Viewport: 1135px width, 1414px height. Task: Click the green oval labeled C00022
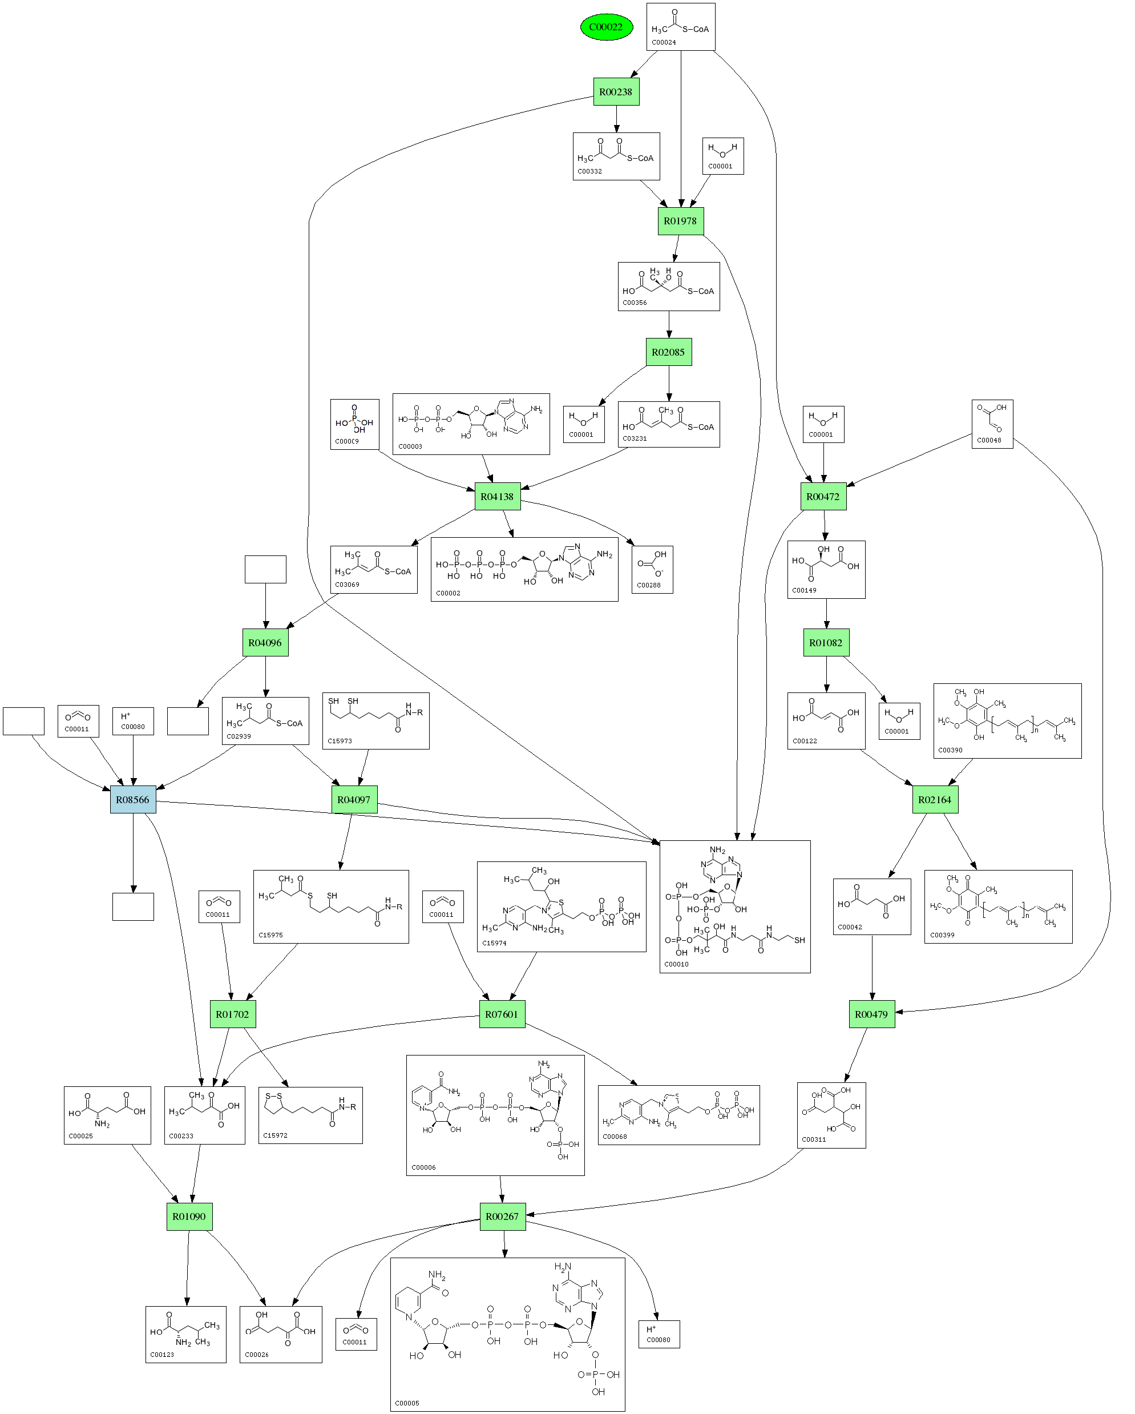pos(606,27)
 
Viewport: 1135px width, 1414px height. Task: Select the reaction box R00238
pos(615,92)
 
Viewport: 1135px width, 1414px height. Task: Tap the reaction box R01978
pos(680,221)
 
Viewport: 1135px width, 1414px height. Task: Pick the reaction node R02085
pos(668,352)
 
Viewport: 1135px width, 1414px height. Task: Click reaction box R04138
pos(497,497)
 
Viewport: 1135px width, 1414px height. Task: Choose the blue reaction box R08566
pos(133,799)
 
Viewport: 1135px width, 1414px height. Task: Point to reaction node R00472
pos(823,497)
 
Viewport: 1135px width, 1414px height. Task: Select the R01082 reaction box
pos(826,643)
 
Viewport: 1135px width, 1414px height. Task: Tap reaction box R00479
pos(871,1014)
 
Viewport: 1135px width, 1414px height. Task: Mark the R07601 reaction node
pos(502,1014)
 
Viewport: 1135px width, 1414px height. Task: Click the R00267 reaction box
pos(502,1216)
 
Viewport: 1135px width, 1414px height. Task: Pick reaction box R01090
pos(189,1216)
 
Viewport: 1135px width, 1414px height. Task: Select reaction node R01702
pos(232,1014)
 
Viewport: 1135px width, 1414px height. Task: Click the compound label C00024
pos(664,43)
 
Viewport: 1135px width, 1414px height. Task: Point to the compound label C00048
pos(989,440)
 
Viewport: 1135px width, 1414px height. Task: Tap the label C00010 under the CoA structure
pos(676,964)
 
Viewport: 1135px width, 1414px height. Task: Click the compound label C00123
pos(162,1354)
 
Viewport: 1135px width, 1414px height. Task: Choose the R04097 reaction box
pos(354,799)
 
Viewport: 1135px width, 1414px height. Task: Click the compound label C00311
pos(814,1139)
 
